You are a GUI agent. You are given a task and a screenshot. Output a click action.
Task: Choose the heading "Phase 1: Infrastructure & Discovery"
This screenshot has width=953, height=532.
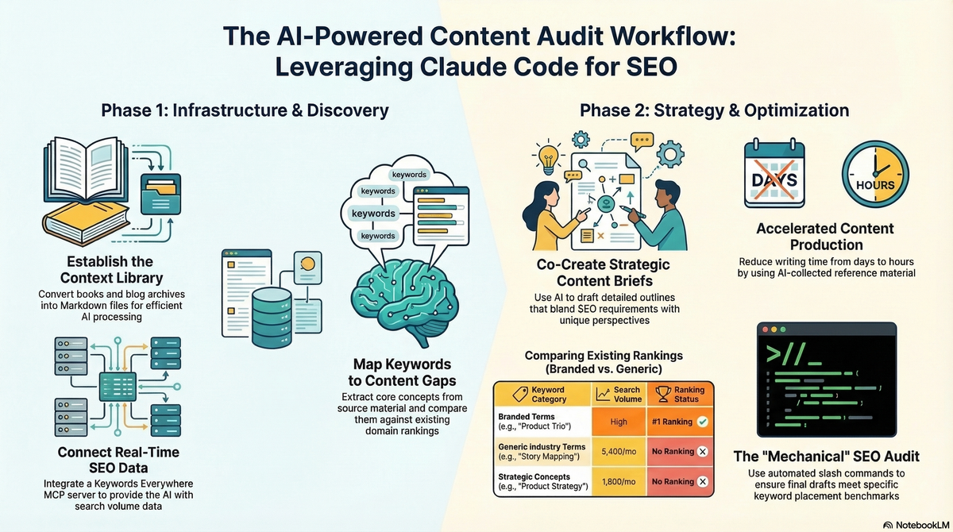click(x=245, y=110)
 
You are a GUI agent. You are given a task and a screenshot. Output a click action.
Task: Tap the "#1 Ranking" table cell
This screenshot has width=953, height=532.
click(x=679, y=421)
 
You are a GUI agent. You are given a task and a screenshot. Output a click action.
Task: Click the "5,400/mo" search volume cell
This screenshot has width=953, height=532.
click(x=619, y=451)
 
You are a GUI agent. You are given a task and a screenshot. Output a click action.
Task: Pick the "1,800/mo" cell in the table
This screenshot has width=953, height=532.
click(x=619, y=481)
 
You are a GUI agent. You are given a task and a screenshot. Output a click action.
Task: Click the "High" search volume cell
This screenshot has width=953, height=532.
click(x=619, y=421)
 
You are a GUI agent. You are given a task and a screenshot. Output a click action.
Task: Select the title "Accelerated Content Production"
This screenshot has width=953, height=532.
click(x=824, y=237)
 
